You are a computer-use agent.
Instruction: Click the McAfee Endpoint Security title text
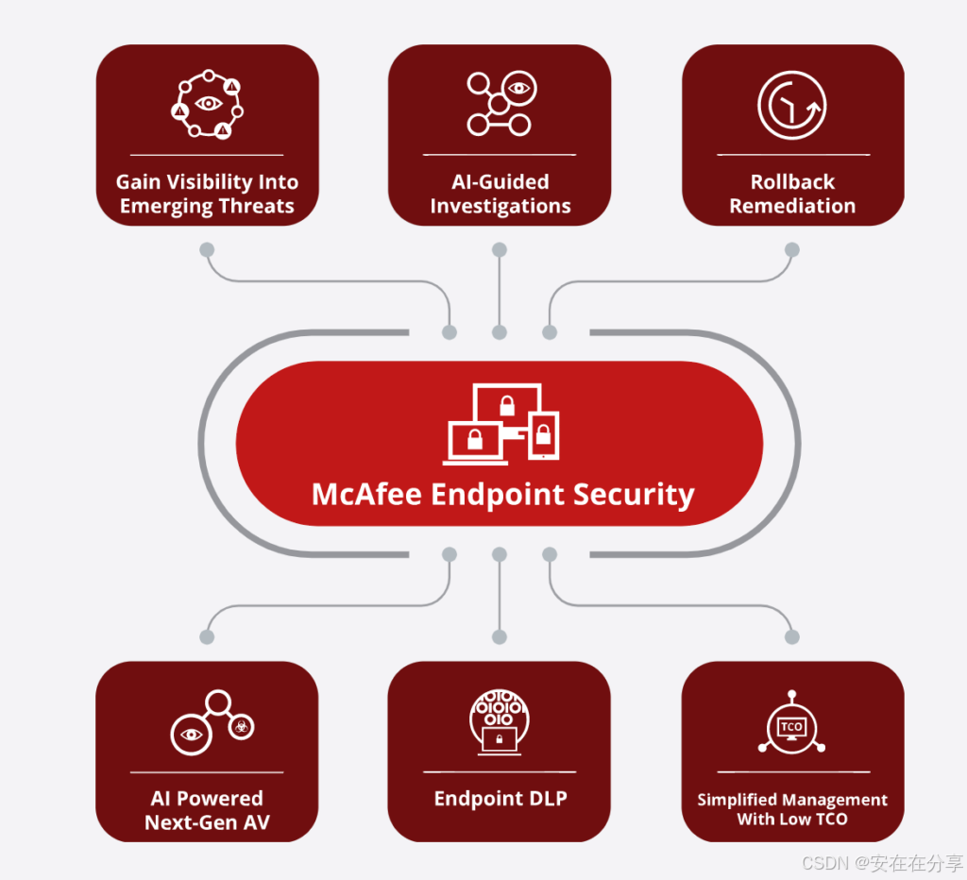point(502,494)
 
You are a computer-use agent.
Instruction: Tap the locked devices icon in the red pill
point(502,423)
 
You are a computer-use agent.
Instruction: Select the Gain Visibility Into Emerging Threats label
point(207,194)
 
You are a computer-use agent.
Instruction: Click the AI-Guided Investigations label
point(500,194)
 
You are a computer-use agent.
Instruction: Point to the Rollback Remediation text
point(792,194)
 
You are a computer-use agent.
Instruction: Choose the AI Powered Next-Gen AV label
point(207,810)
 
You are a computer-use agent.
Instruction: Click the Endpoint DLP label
point(500,799)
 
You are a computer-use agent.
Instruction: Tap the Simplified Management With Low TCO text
point(792,809)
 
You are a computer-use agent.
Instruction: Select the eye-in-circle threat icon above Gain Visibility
point(207,105)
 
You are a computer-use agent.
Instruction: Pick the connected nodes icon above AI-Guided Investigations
point(500,104)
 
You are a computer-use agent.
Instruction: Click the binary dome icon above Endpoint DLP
point(500,721)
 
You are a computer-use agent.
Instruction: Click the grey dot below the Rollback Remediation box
point(792,250)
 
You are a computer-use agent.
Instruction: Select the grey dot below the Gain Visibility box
point(207,250)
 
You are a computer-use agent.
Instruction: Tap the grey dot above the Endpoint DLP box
point(500,637)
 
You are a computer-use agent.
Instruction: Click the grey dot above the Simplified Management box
point(792,637)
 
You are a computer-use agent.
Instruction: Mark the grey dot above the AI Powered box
point(207,637)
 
